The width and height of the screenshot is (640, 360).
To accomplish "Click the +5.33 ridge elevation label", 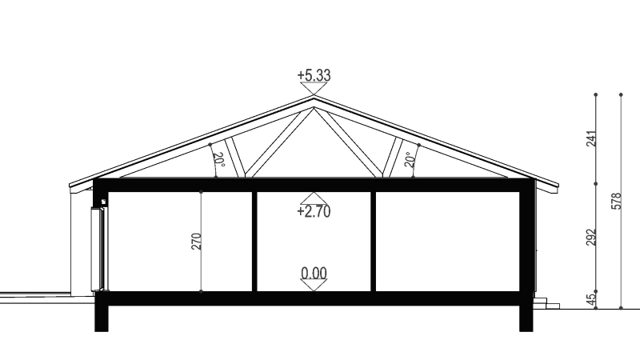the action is coord(314,75).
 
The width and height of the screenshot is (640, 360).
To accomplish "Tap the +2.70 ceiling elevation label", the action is coord(314,211).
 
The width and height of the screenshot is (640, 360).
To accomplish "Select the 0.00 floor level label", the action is coord(314,273).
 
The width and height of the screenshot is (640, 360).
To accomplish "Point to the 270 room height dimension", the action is coord(196,242).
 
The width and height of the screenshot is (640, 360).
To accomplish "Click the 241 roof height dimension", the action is coord(591,138).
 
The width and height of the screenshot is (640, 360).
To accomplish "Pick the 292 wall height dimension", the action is coord(591,238).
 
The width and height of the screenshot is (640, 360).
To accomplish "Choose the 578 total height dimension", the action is coord(616,202).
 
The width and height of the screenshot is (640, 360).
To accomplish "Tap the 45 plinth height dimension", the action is coord(591,299).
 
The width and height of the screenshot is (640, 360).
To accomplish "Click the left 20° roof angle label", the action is coord(219,159).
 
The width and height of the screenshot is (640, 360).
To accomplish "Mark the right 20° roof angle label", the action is coord(410,159).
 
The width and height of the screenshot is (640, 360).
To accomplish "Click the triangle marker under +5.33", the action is coord(314,89).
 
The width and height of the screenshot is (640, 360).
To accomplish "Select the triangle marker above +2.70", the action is coord(314,198).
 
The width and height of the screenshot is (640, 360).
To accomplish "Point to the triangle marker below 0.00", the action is coord(314,286).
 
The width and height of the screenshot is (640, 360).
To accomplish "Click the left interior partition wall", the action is coord(254,242).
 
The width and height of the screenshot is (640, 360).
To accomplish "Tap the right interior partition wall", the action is coord(373,242).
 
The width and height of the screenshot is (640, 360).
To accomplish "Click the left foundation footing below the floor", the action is coord(102,318).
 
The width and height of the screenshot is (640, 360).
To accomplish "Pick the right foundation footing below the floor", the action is coord(526,318).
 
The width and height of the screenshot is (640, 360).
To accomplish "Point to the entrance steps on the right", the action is coord(546,303).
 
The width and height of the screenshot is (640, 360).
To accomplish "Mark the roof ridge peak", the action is coord(314,96).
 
